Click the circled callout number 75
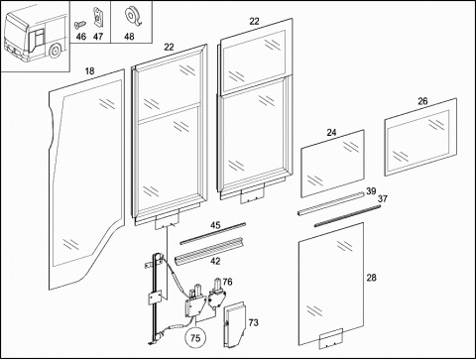coord(195,338)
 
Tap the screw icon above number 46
coord(80,24)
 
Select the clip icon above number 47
coord(97,17)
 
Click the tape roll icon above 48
coord(132,17)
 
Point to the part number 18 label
coord(89,71)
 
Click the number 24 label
coord(331,133)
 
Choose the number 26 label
coord(422,101)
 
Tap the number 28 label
coord(372,278)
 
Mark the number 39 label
coord(371,191)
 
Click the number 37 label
coord(383,199)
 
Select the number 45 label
coord(215,225)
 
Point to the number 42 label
coord(215,261)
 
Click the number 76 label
coord(227,282)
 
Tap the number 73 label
coord(254,322)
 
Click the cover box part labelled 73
coord(234,324)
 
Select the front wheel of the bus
coord(55,51)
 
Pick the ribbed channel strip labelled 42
coord(209,251)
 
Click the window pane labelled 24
coord(332,164)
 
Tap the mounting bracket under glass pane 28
coord(331,339)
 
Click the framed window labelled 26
coord(420,137)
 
